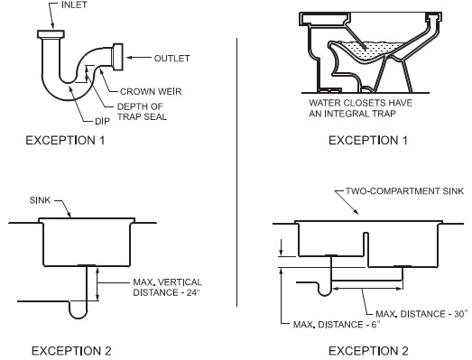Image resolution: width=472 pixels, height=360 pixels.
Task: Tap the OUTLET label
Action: pos(171,59)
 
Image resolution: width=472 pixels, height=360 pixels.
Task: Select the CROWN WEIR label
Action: pos(151,91)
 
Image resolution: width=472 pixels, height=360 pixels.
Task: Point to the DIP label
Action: pos(102,121)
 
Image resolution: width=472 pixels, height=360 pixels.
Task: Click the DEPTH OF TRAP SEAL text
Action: pos(142,112)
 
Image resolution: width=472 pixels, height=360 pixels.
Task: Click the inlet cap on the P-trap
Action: pos(51,34)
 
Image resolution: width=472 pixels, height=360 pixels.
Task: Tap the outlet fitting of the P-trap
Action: pos(117,57)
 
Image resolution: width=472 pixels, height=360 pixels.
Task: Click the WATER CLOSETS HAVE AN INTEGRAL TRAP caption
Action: pos(360,108)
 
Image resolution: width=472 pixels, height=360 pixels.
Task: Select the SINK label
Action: pos(40,200)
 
